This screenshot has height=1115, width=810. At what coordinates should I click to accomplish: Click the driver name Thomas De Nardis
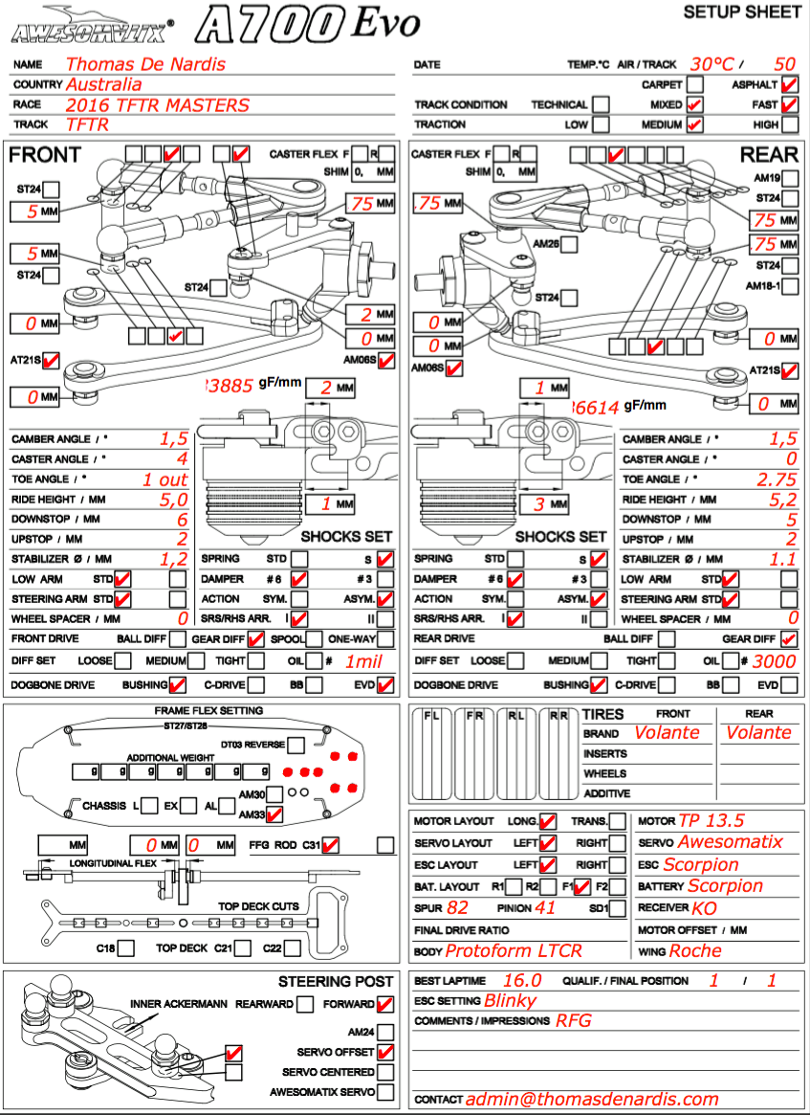click(145, 64)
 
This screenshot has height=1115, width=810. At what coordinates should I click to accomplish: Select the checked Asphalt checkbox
click(790, 84)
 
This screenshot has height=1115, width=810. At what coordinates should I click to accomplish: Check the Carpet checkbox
click(695, 84)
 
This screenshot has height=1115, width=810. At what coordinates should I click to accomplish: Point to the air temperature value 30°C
click(712, 64)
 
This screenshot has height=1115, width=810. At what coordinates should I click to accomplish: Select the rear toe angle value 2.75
click(777, 479)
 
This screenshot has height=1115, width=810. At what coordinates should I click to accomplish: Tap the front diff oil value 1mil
click(364, 661)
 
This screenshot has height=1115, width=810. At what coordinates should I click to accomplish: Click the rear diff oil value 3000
click(774, 661)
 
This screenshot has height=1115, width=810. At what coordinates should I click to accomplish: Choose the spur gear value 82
click(457, 907)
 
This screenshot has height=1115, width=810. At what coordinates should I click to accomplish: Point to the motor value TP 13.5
click(711, 821)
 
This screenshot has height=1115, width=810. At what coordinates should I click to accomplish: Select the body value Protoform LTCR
click(514, 951)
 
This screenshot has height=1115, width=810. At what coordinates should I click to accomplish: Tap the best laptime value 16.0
click(521, 981)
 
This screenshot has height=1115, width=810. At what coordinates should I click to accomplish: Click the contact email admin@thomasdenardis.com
click(593, 1100)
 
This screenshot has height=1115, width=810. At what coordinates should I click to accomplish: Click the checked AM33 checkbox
click(274, 814)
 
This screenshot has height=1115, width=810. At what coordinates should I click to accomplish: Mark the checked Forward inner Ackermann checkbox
click(384, 1005)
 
